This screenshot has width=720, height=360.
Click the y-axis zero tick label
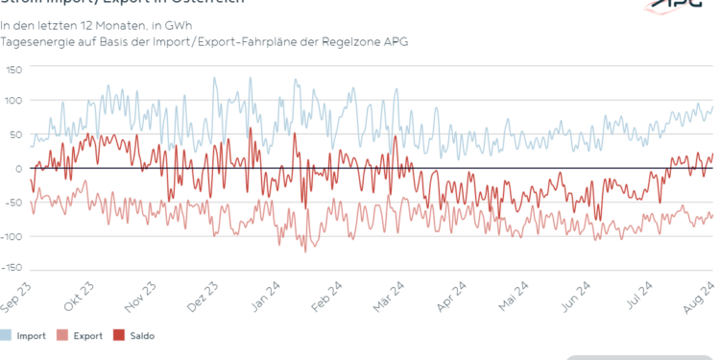click(18, 169)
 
